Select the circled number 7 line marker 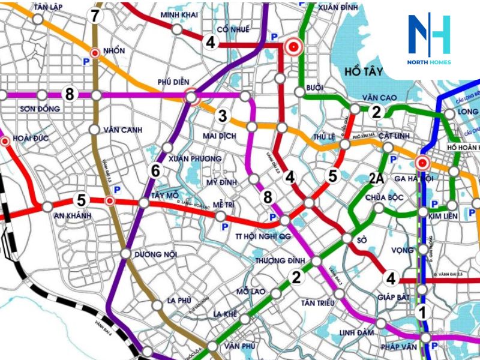click(95, 16)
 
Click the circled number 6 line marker click(156, 171)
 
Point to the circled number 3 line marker click(223, 116)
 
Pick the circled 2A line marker click(376, 178)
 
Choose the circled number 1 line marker click(422, 312)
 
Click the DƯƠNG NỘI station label click(156, 255)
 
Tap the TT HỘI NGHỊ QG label click(264, 236)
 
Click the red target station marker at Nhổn click(95, 53)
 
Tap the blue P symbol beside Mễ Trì click(226, 227)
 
